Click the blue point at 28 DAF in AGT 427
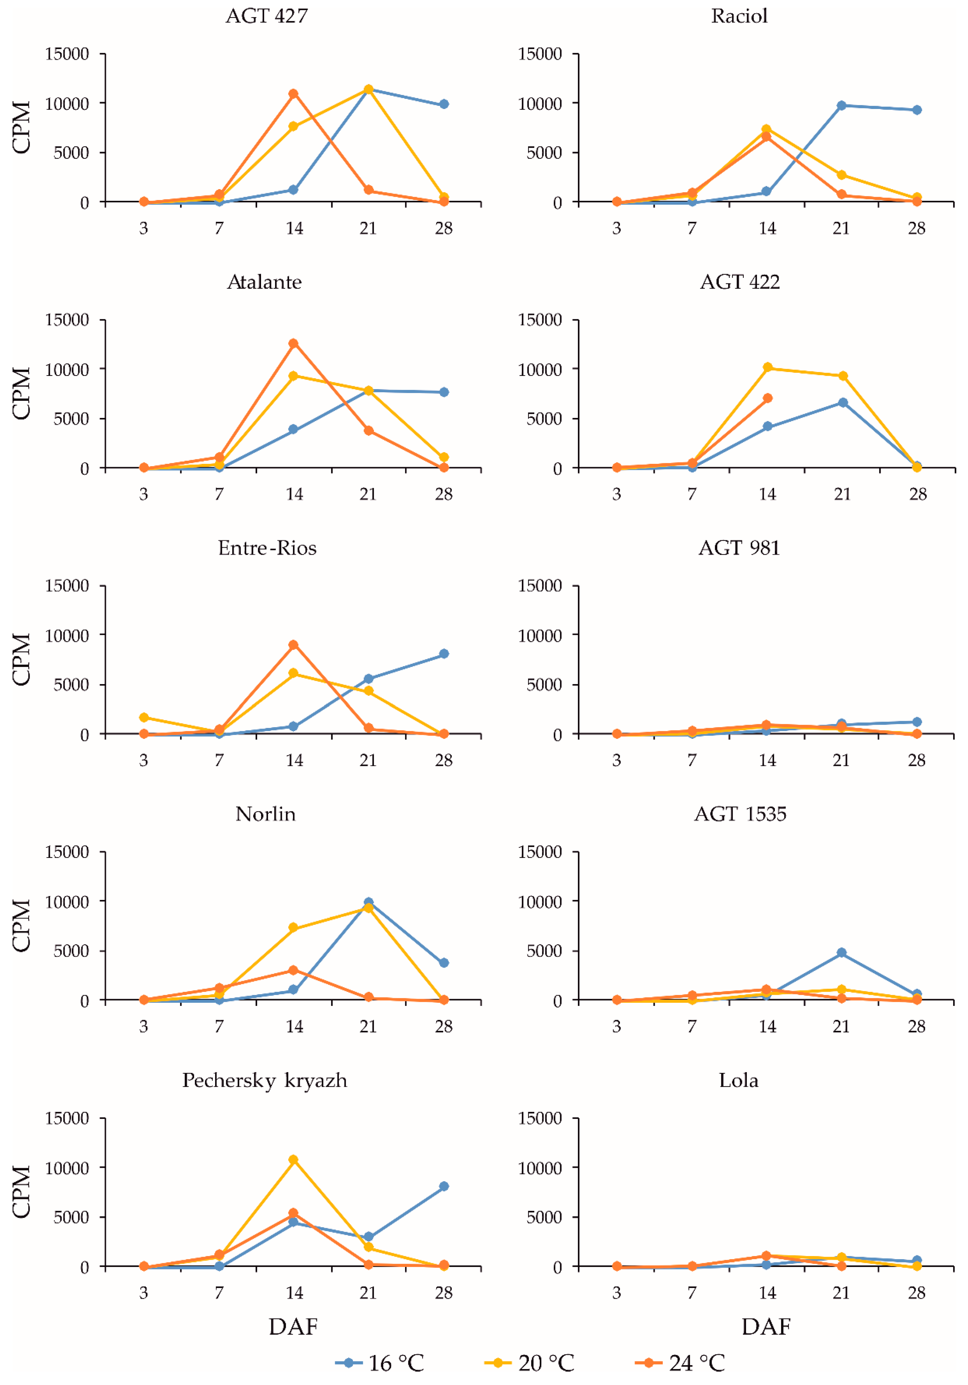point(444,104)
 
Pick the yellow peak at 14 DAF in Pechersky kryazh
point(293,1159)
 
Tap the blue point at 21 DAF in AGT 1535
point(841,953)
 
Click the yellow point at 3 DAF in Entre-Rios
point(144,717)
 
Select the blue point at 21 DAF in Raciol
point(841,106)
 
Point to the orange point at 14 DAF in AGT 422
point(767,398)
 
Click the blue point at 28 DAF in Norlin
point(444,963)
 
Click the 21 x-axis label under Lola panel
point(841,1293)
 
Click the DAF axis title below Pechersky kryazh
point(293,1327)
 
